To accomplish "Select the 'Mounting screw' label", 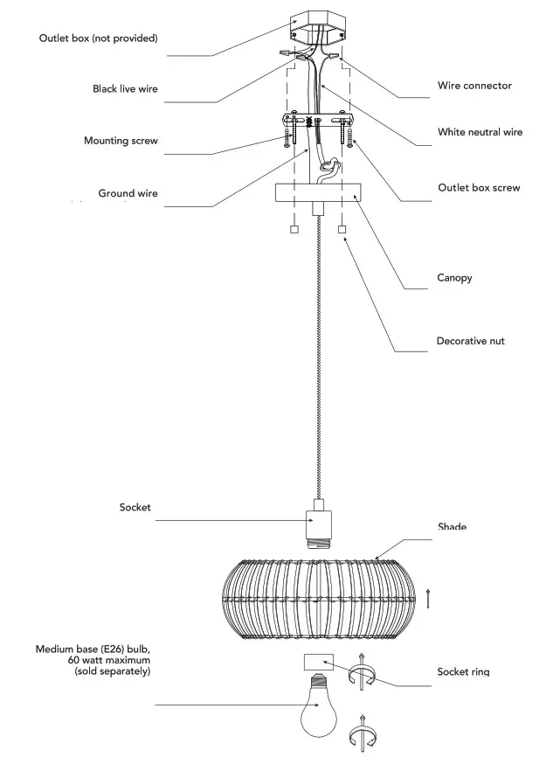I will coord(121,141).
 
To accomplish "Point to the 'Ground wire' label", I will coord(128,193).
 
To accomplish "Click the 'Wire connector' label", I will coord(474,86).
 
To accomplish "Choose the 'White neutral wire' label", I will coord(480,132).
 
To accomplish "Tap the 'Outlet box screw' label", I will coord(479,188).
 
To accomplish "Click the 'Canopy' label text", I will coord(454,278).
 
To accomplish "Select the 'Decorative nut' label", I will coord(470,340).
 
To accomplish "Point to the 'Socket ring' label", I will coord(463,672).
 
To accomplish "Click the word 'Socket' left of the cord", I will coord(135,507).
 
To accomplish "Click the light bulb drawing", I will coord(318,708).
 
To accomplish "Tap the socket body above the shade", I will coord(316,526).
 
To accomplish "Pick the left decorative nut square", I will coord(294,231).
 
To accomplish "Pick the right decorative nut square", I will coord(342,231).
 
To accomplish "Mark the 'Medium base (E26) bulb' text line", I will coord(93,649).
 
